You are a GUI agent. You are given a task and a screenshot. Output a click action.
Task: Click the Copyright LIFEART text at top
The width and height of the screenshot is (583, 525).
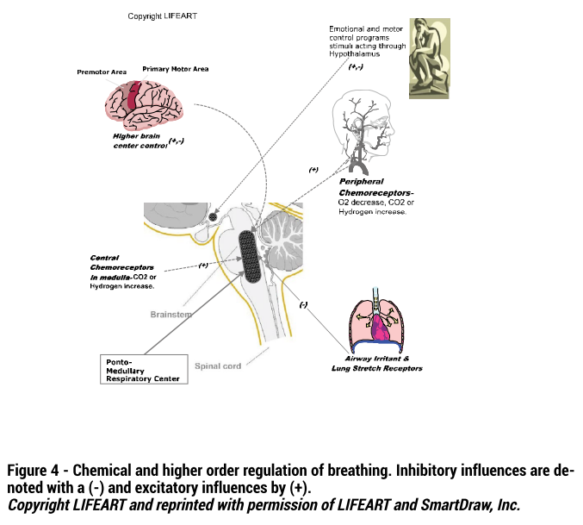pos(162,16)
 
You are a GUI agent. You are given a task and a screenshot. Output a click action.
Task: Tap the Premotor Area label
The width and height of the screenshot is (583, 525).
pos(102,72)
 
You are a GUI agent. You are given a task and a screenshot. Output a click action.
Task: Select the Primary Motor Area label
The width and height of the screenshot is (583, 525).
pos(175,69)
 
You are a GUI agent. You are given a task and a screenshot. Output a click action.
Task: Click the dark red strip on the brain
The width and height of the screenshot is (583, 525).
pos(133,95)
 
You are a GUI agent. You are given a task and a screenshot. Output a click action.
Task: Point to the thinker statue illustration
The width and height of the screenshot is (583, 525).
pos(430,59)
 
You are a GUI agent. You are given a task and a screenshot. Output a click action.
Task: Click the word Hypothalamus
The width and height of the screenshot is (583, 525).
pos(354,54)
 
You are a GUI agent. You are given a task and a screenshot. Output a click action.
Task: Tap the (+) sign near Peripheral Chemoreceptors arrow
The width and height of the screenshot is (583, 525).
pos(313,170)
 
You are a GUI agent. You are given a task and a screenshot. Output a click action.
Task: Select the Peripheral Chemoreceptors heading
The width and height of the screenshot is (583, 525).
pos(376,187)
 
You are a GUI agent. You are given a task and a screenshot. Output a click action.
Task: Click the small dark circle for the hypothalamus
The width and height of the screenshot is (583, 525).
pos(213,216)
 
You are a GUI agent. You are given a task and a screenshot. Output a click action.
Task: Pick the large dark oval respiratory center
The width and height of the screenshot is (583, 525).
pos(248,256)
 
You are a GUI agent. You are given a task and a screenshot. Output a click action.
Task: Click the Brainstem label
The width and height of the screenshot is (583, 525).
pos(171,315)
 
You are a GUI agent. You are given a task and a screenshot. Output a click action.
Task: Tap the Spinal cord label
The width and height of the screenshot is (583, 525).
pos(218,366)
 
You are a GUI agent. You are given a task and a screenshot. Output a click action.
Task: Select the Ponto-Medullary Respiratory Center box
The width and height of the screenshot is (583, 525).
pos(144,369)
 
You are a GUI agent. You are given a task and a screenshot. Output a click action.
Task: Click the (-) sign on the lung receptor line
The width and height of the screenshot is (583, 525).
pos(303,304)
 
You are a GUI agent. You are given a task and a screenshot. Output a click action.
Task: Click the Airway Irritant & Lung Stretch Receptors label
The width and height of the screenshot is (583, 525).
pos(377,364)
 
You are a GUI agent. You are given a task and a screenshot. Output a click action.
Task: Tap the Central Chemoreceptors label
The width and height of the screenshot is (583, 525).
pos(122,267)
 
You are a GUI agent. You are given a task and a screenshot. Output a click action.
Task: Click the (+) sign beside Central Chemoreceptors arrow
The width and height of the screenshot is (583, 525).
pos(203,265)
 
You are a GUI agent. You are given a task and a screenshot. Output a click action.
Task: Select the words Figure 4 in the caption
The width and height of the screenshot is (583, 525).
pos(33,470)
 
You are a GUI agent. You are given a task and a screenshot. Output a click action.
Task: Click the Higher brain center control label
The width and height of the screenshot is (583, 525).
pos(140,141)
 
